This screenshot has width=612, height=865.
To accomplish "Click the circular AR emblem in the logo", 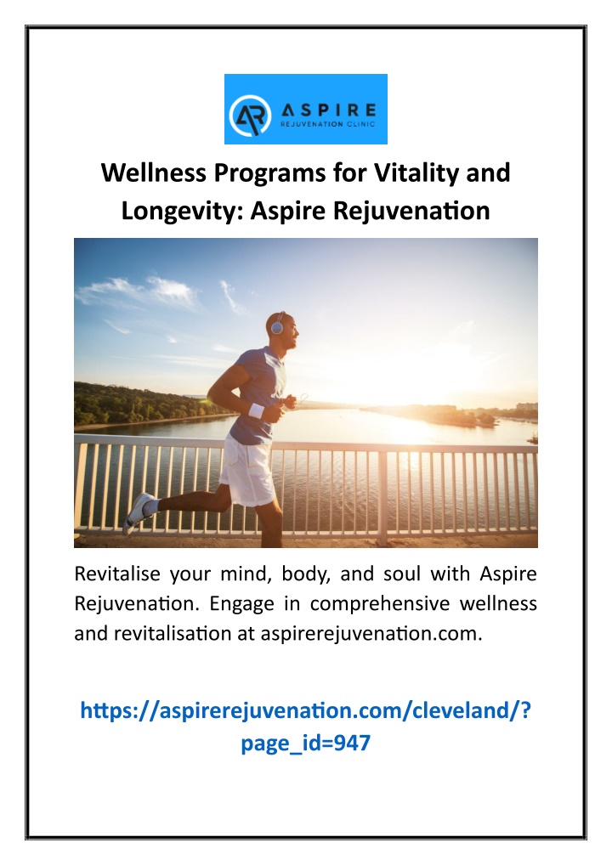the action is (x=250, y=116).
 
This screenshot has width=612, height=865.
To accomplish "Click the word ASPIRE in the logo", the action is (x=329, y=110).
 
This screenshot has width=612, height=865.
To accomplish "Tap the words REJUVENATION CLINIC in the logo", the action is (x=328, y=124).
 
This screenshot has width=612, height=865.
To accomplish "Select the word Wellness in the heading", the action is (x=153, y=172).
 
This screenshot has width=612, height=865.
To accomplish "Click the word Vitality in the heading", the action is (x=417, y=172).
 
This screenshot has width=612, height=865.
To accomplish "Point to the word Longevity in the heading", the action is (x=182, y=212).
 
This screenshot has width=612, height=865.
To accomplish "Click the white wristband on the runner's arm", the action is (x=257, y=410).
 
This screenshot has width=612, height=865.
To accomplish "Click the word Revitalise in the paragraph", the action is (x=117, y=574).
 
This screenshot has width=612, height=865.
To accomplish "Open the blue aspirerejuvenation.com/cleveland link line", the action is (x=305, y=710).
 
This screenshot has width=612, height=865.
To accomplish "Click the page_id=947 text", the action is (x=305, y=743).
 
